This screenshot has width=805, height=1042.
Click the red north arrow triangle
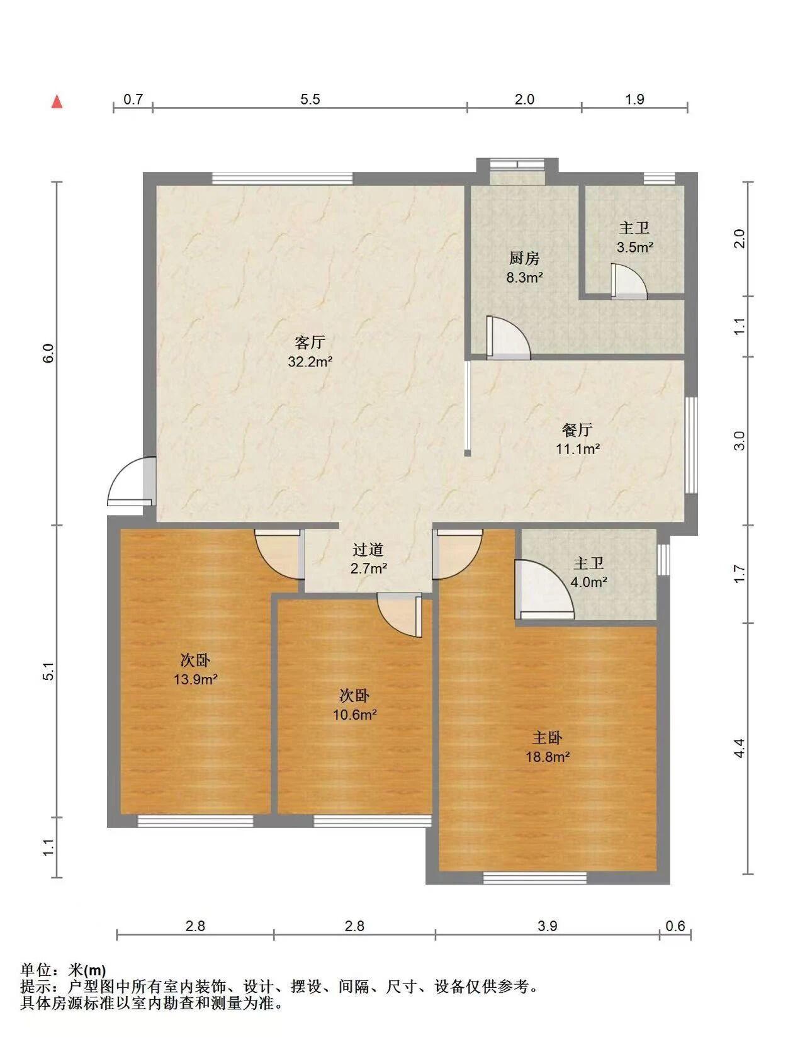click(57, 101)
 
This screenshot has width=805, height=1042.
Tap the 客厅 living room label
click(310, 343)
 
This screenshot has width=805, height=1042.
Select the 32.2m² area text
click(310, 361)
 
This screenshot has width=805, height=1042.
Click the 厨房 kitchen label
click(524, 259)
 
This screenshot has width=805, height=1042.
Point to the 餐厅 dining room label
click(577, 429)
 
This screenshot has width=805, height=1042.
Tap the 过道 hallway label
click(368, 550)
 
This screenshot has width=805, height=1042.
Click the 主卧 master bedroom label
click(547, 737)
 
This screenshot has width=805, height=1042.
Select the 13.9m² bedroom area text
click(196, 679)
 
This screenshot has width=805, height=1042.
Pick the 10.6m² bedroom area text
click(354, 715)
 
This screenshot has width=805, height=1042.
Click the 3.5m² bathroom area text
click(635, 247)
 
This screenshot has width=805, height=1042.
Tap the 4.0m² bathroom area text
click(589, 582)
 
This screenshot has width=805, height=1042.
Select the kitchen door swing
click(508, 337)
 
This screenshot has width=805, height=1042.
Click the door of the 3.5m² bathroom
click(629, 281)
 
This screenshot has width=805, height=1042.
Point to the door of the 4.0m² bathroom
click(544, 589)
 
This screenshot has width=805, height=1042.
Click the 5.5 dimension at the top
click(310, 99)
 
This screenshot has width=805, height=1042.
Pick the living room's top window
click(282, 178)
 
